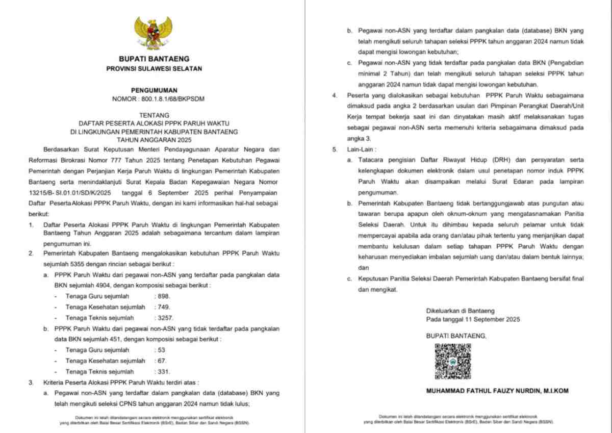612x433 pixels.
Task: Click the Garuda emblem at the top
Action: coord(154,33)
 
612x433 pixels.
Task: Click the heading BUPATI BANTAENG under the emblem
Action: coord(154,59)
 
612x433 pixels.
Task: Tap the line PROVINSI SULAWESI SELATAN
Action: coord(154,68)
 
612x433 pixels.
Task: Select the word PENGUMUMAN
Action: coord(154,90)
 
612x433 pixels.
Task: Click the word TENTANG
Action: coord(154,115)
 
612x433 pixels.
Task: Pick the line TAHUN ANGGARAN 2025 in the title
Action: coord(154,139)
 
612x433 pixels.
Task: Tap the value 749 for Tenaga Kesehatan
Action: coord(163,307)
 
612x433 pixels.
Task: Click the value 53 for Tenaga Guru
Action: coord(160,350)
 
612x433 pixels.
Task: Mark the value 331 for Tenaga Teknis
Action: coord(163,372)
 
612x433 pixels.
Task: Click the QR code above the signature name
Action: coord(452,361)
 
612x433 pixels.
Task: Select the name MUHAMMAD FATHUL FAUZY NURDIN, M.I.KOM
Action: coord(497,391)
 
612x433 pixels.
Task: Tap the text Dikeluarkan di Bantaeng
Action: coord(460,311)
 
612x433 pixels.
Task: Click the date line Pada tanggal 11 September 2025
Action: coord(473,319)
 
